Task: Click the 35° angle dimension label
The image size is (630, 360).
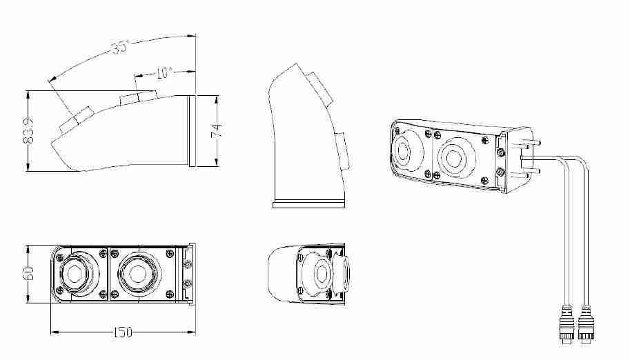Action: [x=121, y=46]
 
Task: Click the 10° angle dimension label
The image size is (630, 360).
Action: [x=164, y=72]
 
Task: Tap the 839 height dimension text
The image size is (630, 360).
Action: [x=28, y=130]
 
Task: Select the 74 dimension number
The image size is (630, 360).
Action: [x=217, y=130]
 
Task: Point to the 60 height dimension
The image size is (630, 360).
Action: [x=28, y=274]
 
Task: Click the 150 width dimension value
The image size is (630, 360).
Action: [x=123, y=332]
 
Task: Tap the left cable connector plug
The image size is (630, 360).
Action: [x=567, y=324]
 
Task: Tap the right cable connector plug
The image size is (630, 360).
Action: [x=587, y=324]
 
